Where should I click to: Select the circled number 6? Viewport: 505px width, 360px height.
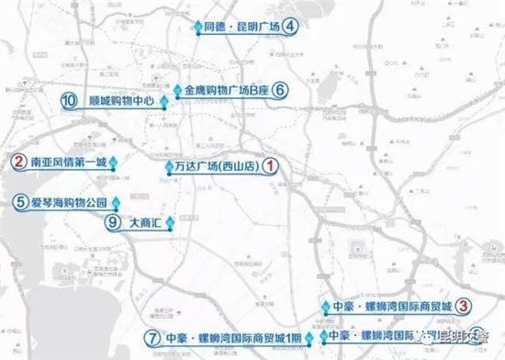280,90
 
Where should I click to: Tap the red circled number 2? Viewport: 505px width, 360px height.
17,161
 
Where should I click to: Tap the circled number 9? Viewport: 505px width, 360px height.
114,221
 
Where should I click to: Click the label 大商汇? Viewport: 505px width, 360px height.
147,221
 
